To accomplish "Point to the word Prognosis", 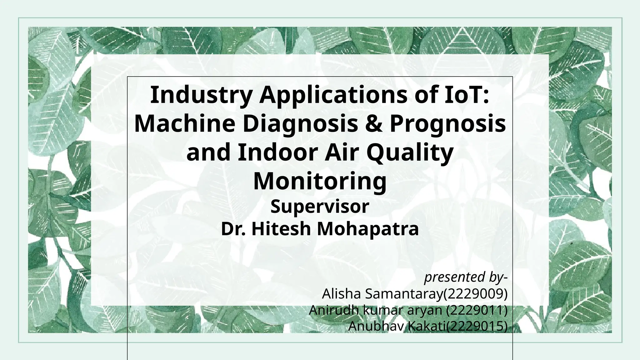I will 447,123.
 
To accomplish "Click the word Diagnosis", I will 300,123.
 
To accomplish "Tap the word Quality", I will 409,152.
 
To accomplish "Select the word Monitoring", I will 320,181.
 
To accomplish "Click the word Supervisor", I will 320,207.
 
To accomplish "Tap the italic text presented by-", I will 465,277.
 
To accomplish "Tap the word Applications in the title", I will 333,95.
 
